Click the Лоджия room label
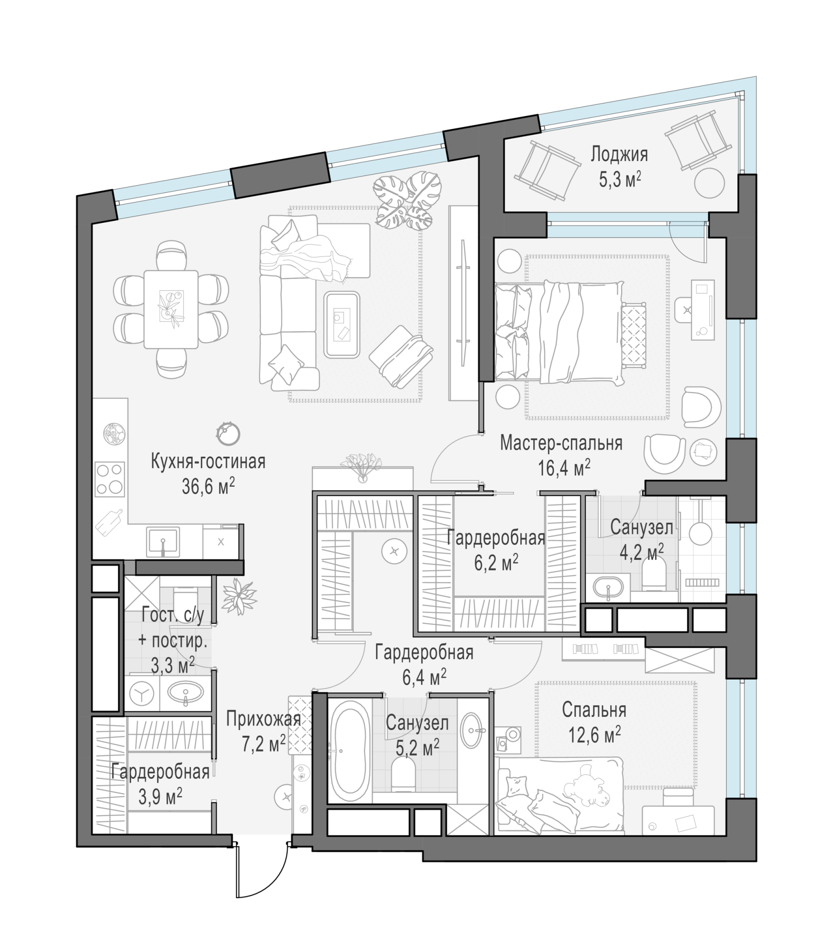[619, 154]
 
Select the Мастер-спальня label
[561, 443]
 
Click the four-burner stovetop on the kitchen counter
[110, 479]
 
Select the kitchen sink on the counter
[162, 541]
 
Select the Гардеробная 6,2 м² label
[496, 550]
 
